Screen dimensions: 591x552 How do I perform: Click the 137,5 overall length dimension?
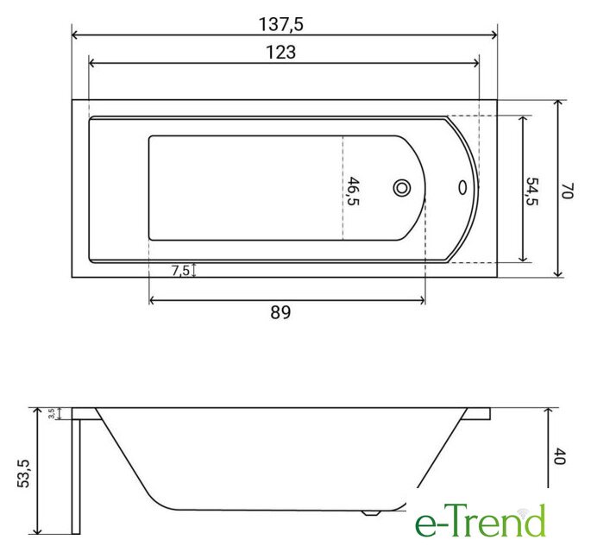tap(280, 25)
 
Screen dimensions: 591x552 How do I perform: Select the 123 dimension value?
tap(280, 52)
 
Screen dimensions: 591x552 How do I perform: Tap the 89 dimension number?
tap(280, 312)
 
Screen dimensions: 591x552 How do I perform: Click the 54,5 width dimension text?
tap(532, 191)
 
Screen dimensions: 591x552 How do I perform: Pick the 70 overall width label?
tap(567, 191)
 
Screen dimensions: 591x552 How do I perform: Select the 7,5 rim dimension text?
tap(180, 270)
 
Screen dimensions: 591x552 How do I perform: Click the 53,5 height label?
tap(24, 474)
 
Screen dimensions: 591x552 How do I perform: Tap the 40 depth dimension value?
tap(560, 456)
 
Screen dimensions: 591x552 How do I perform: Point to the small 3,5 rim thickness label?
tap(52, 413)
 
